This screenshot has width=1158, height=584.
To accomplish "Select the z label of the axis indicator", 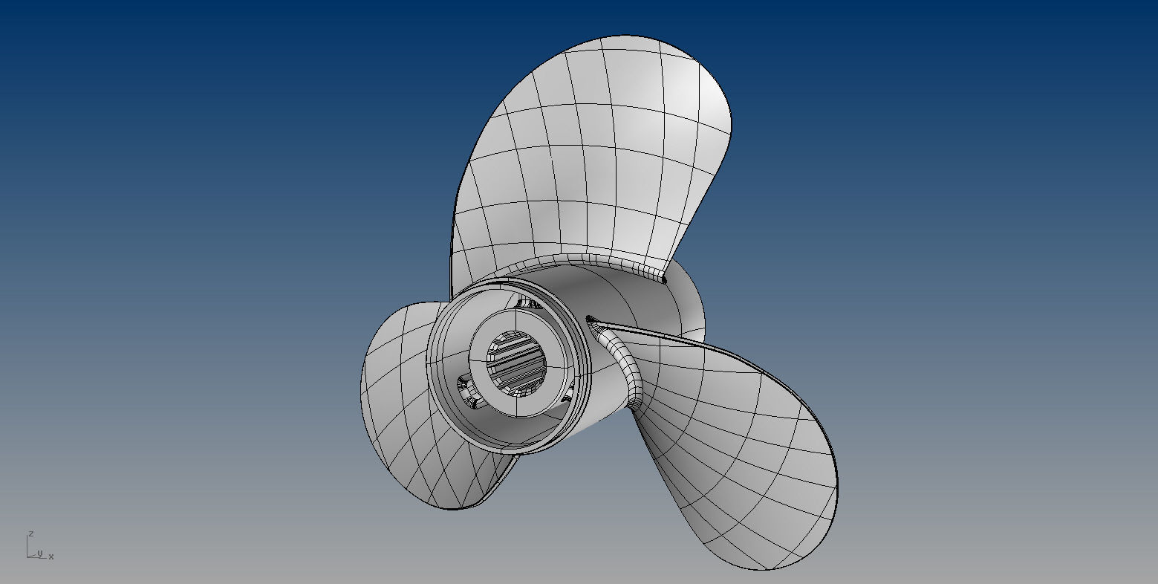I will [30, 533].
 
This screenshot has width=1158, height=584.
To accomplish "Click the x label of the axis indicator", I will [51, 557].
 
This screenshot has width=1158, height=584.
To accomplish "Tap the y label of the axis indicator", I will [40, 553].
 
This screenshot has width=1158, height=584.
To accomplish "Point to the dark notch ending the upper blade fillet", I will [663, 279].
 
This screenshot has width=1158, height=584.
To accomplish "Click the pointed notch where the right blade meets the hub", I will [591, 319].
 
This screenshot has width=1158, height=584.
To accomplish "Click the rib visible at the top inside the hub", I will [529, 303].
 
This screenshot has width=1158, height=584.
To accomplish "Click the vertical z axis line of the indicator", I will [27, 546].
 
